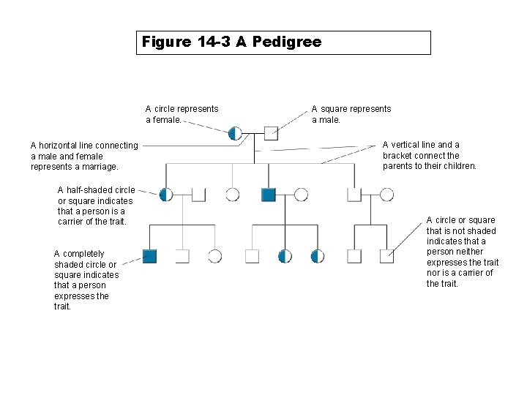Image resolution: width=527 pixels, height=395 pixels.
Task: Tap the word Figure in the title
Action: pos(167,42)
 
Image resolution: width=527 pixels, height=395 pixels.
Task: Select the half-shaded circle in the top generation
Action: pos(235,132)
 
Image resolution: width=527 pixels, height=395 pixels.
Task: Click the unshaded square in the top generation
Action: pos(271,132)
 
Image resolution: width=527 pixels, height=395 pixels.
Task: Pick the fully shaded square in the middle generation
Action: pos(269,195)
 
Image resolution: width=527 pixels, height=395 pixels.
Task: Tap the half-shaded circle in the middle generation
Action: pos(167,195)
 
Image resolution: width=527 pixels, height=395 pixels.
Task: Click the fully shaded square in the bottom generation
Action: pos(150,256)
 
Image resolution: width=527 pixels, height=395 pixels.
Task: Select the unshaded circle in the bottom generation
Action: pos(214,256)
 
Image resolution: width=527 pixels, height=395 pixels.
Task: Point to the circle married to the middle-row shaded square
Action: pos(301,195)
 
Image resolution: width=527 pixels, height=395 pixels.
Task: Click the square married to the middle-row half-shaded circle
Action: pos(198,195)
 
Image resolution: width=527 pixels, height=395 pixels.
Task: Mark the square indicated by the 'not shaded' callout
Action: pos(386,256)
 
